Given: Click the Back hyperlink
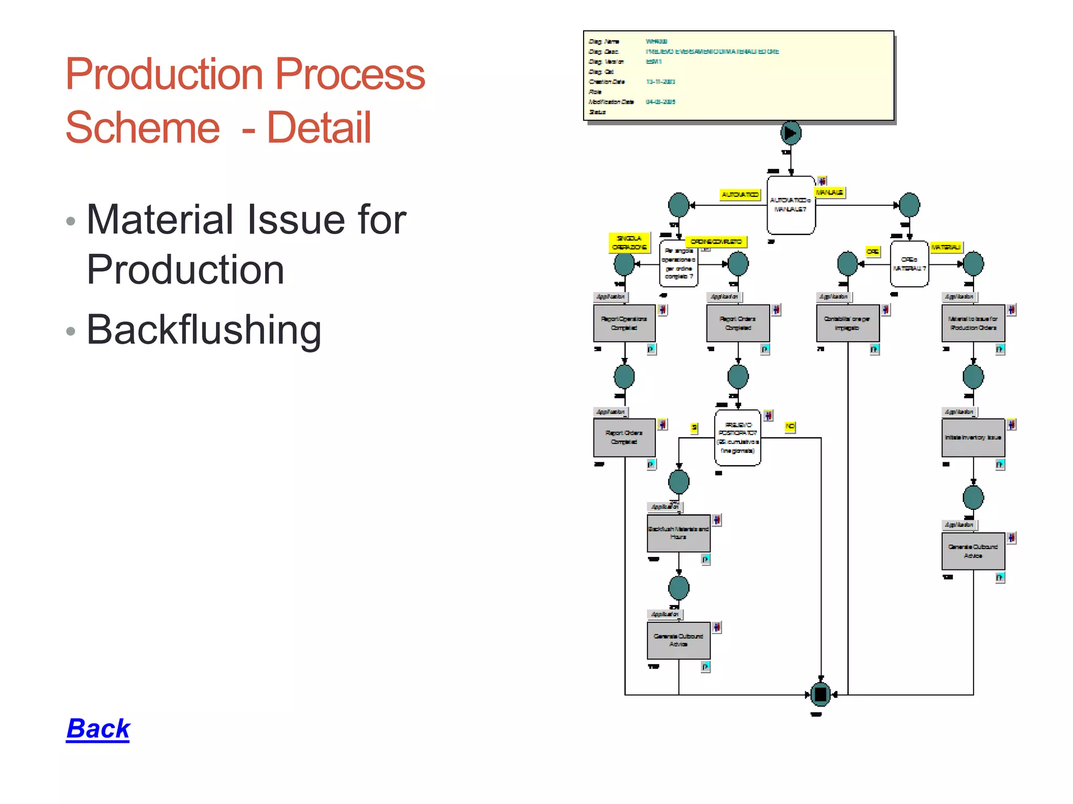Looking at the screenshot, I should point(98,729).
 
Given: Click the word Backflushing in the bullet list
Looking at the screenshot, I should point(204,330).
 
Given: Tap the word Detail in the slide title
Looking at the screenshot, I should point(319,128).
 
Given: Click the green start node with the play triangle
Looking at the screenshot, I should point(791,133).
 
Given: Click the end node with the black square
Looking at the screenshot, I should point(820,695).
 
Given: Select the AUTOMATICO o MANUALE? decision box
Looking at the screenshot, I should point(791,205).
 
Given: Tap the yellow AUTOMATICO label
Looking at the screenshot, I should point(740,195).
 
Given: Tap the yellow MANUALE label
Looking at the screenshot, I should point(829,193).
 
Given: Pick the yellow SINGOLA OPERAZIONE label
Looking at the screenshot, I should point(629,242).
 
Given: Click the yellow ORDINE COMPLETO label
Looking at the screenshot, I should point(716,241).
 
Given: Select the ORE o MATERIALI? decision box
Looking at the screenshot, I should point(909,264).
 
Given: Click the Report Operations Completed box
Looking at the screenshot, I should point(624,323).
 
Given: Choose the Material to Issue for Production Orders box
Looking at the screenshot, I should point(973,323).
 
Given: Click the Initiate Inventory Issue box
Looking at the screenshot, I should point(973,438).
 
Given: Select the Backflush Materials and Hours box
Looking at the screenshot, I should point(678,533).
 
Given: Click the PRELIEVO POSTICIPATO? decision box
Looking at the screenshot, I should point(738,438).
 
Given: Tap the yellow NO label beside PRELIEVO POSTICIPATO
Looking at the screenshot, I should point(790,427).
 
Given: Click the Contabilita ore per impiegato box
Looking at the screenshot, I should point(847,323).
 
